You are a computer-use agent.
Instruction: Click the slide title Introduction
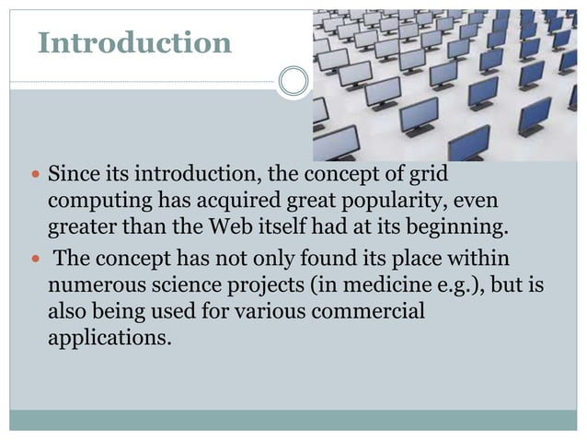point(134,42)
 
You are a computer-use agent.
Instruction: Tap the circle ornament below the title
point(293,81)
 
